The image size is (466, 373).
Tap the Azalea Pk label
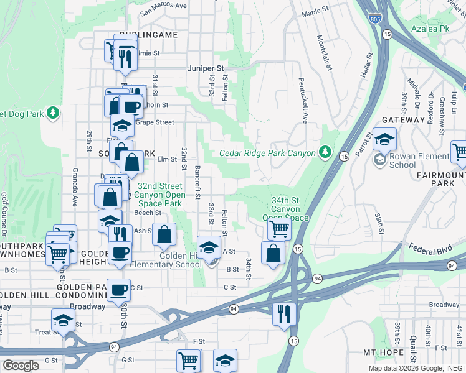(x=430, y=29)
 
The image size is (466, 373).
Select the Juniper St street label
(x=206, y=69)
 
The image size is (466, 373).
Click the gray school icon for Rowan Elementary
(x=379, y=160)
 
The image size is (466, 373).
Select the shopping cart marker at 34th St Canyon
(x=279, y=229)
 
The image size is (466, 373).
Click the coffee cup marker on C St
(x=118, y=289)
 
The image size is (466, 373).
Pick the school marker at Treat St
(x=62, y=320)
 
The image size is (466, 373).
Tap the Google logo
(x=21, y=366)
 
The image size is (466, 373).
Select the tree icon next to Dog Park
(x=54, y=113)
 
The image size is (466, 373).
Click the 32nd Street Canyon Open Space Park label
(x=159, y=195)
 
